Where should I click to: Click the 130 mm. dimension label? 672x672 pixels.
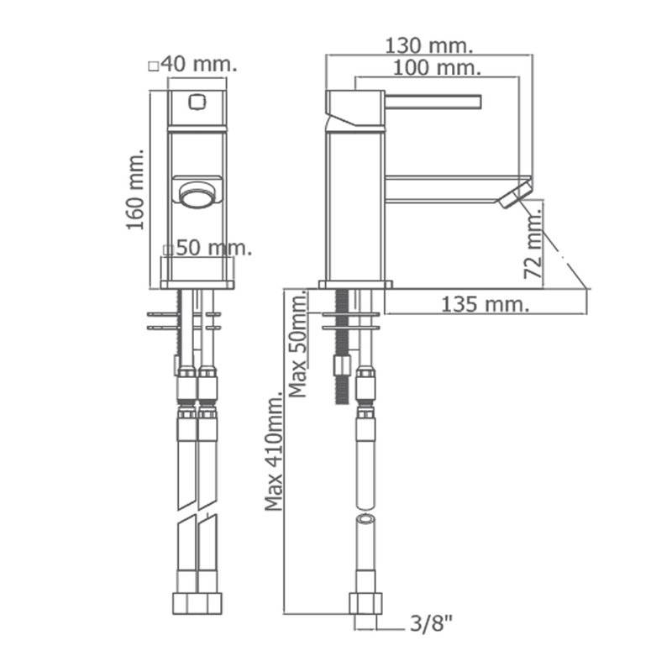[x=429, y=45]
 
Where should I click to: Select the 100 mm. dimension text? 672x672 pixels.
[x=437, y=68]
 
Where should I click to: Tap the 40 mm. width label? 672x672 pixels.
[x=199, y=65]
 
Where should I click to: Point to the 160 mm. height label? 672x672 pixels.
[x=135, y=190]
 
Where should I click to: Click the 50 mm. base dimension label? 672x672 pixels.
[x=213, y=248]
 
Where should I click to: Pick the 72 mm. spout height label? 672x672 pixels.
[x=533, y=242]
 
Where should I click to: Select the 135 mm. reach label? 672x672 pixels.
[x=486, y=304]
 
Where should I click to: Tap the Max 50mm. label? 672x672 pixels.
[x=298, y=344]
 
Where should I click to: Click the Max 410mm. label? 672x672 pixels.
[x=274, y=451]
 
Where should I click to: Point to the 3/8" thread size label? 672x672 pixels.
[x=431, y=623]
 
